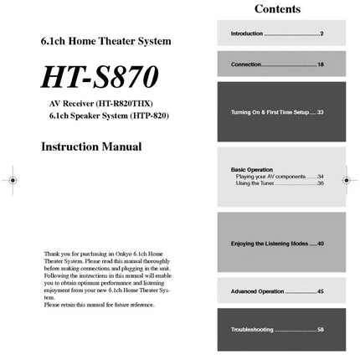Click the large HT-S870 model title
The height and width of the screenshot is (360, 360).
(100, 78)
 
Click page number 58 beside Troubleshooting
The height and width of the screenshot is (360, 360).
(320, 330)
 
